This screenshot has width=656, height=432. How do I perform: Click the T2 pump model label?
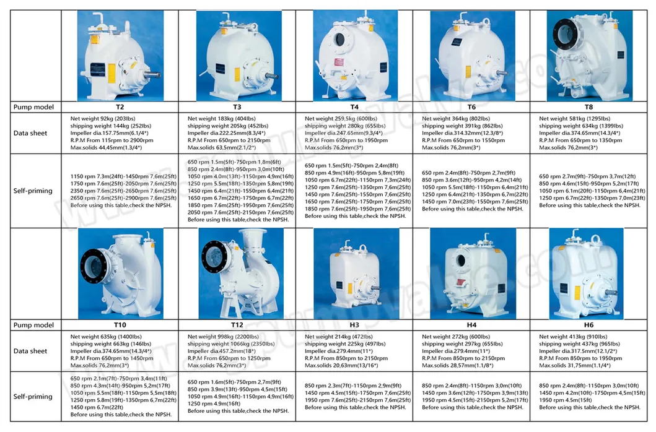point(120,106)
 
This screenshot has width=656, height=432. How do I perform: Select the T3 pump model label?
point(237,106)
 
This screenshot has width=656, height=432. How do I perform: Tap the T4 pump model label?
point(354,106)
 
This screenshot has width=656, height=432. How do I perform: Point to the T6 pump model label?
point(471,106)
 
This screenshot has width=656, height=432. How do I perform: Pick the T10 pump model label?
point(120,325)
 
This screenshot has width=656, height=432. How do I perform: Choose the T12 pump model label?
point(237,325)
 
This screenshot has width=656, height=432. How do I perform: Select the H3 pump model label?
point(354,325)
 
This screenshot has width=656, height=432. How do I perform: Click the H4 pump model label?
point(471,325)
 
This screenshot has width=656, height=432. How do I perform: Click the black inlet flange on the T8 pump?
point(567,32)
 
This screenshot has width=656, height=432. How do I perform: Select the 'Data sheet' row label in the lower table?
point(30,352)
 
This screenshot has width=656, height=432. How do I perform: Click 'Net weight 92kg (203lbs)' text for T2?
point(103,118)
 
